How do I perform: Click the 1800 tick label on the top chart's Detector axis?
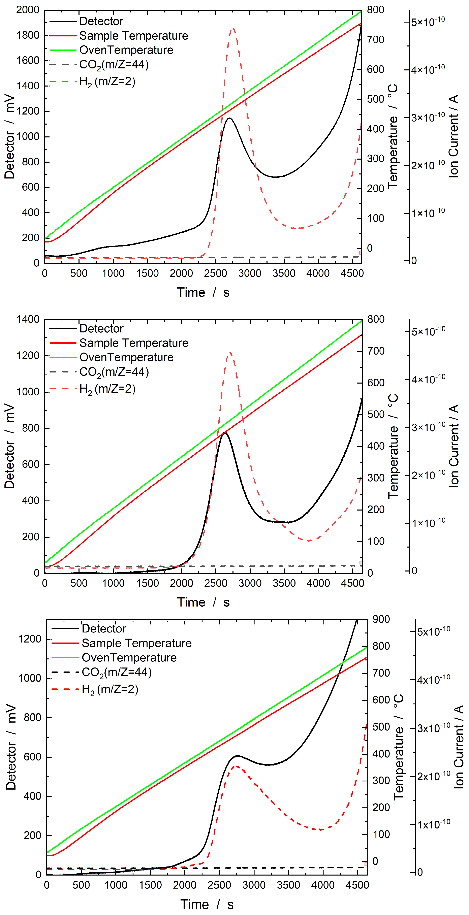pos(28,35)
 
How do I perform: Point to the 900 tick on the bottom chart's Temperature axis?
pos(381,619)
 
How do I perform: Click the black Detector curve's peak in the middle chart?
pos(225,433)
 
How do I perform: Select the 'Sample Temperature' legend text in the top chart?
pos(134,36)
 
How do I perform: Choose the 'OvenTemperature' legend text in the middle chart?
pos(126,357)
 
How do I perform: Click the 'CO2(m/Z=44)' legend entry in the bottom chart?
pos(117,672)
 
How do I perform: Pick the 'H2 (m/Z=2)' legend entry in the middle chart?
pos(107,389)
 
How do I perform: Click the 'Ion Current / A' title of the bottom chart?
pos(459,747)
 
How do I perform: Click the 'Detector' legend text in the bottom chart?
pos(104,629)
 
